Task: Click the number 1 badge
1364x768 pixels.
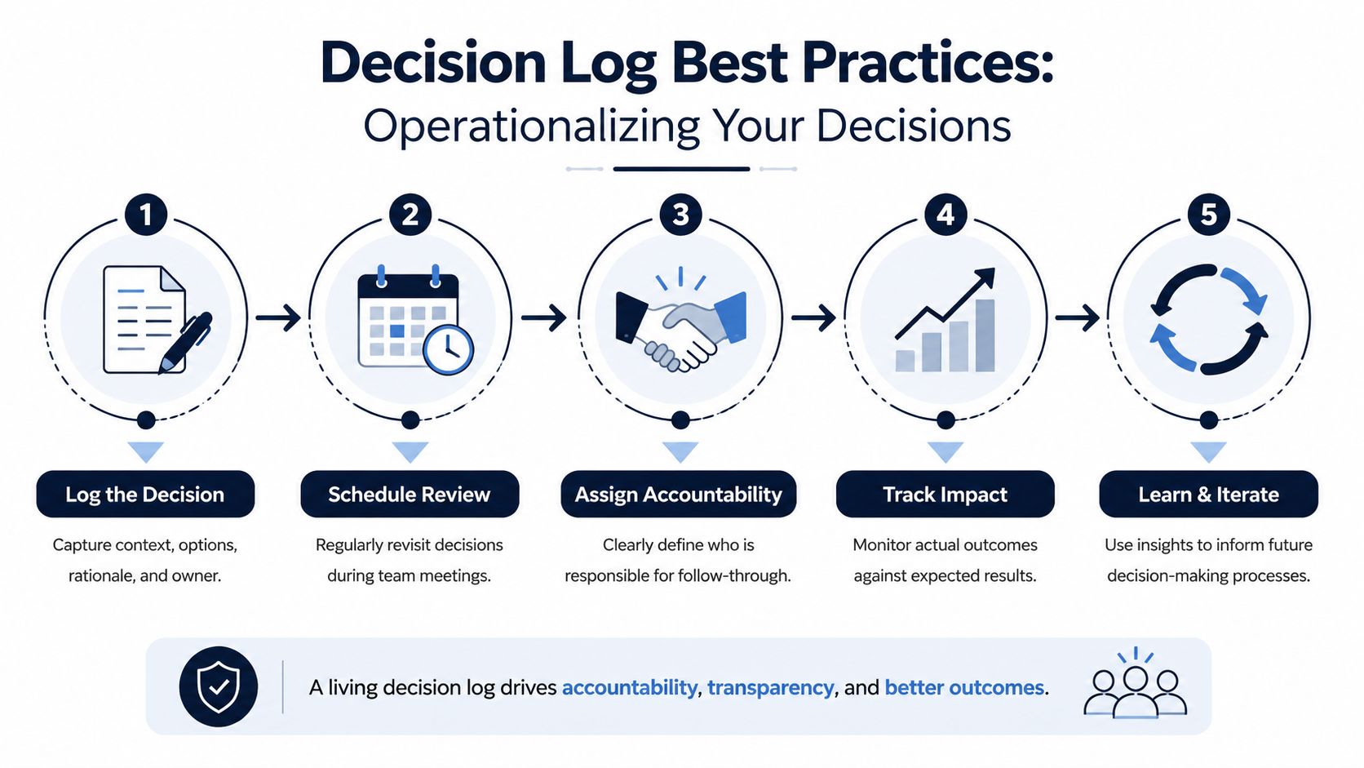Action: pos(145,215)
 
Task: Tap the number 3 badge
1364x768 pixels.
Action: pos(681,215)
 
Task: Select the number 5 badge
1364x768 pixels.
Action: pos(1209,215)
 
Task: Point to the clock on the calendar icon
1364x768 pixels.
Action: pos(448,350)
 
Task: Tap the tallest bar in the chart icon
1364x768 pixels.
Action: pos(985,335)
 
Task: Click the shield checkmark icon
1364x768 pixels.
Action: pos(219,686)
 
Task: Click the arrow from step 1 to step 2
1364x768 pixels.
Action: pos(278,317)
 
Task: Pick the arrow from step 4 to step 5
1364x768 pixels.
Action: pos(1077,317)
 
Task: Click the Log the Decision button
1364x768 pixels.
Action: pos(145,494)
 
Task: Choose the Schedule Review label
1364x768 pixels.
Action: pos(410,494)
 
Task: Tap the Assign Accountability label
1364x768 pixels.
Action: pos(679,494)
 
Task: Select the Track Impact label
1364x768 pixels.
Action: pos(945,494)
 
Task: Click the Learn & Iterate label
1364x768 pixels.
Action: pos(1209,494)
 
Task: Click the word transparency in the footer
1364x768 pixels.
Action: pos(770,687)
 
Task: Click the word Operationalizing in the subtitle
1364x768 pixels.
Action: pos(531,127)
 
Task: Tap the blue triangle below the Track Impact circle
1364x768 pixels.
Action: pos(945,452)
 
